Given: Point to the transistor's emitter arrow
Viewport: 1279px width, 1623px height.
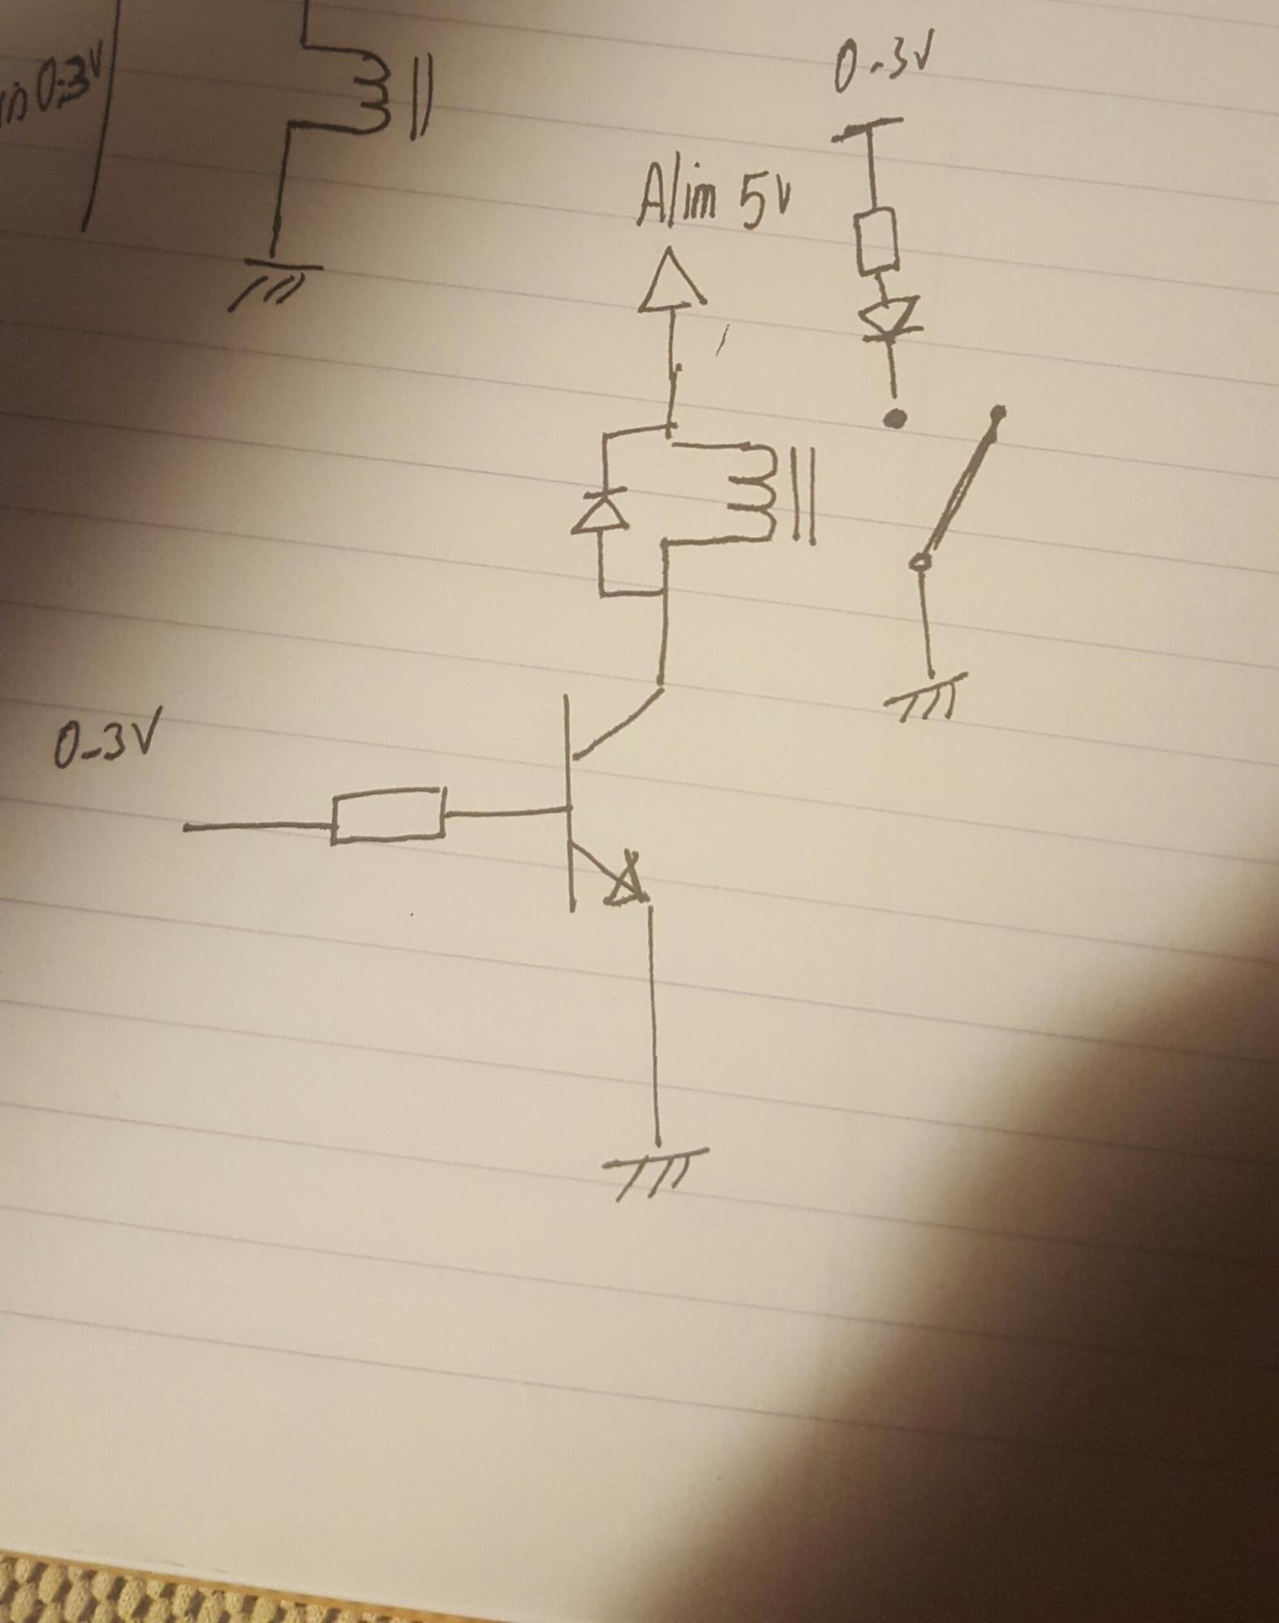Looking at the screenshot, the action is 627,885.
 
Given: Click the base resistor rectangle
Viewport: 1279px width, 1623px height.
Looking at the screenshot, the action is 388,814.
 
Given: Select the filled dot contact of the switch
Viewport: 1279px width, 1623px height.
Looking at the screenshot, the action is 895,418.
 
